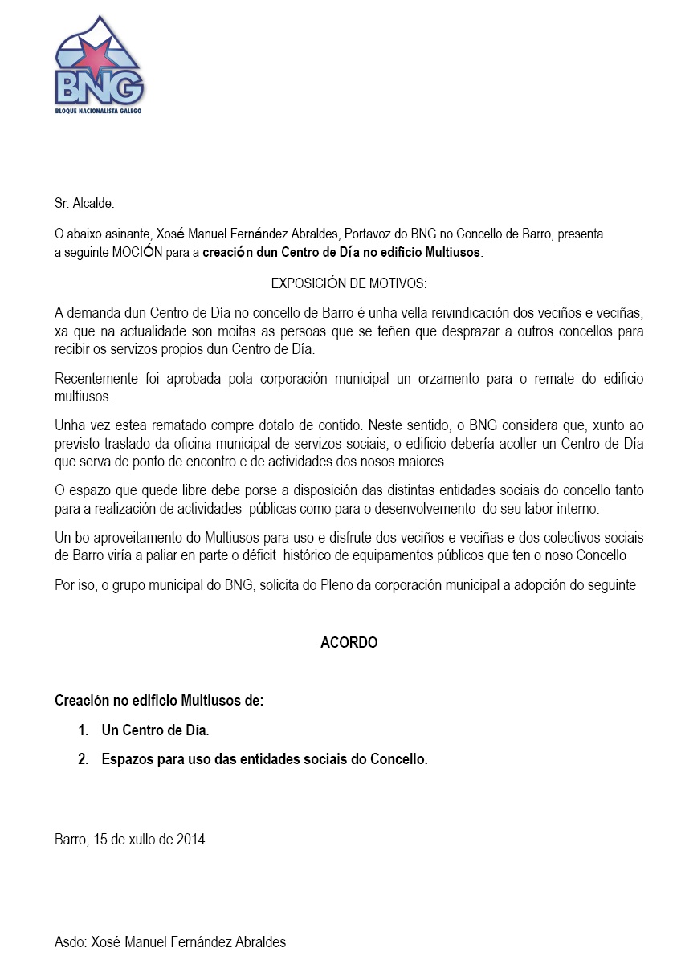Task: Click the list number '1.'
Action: click(83, 730)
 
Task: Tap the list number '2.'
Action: click(83, 758)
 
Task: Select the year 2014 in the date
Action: click(190, 840)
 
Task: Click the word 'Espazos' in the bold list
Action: click(125, 758)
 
